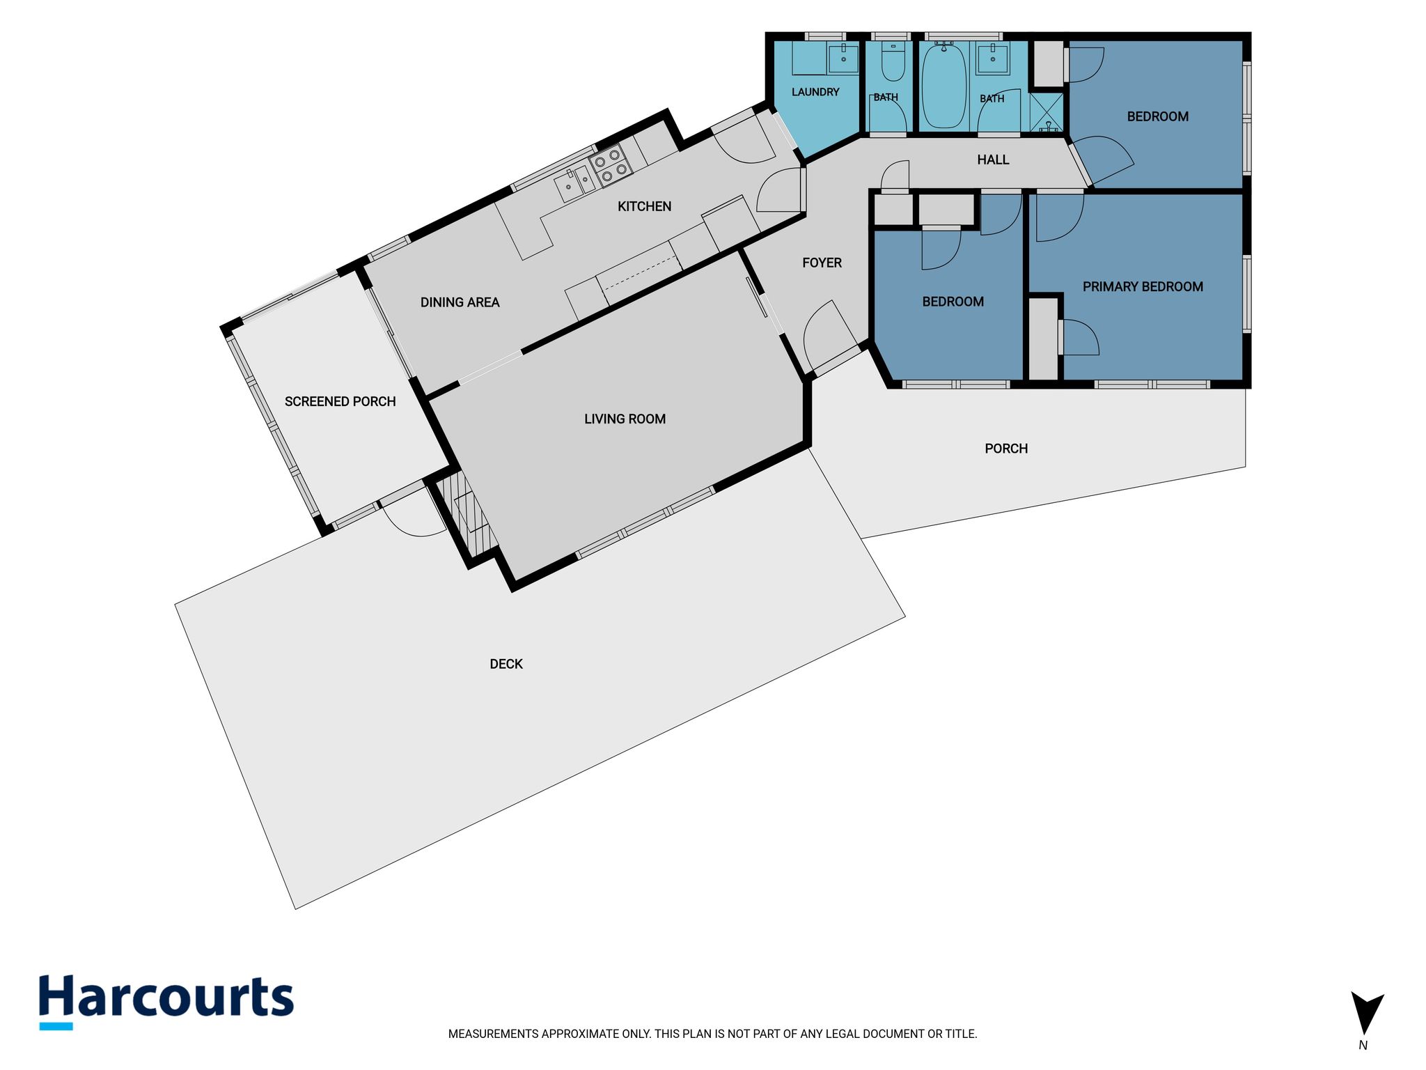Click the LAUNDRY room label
(815, 92)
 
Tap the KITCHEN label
(645, 206)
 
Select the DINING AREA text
(460, 302)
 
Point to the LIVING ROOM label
(625, 419)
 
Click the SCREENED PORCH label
(340, 401)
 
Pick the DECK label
(506, 664)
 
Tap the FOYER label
(822, 263)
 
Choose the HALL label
(993, 160)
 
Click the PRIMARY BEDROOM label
(1143, 286)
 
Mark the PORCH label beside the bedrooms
(1006, 449)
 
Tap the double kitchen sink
(575, 183)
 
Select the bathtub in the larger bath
(943, 85)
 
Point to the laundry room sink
(843, 57)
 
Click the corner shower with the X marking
(1047, 111)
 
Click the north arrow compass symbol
(1366, 1014)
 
